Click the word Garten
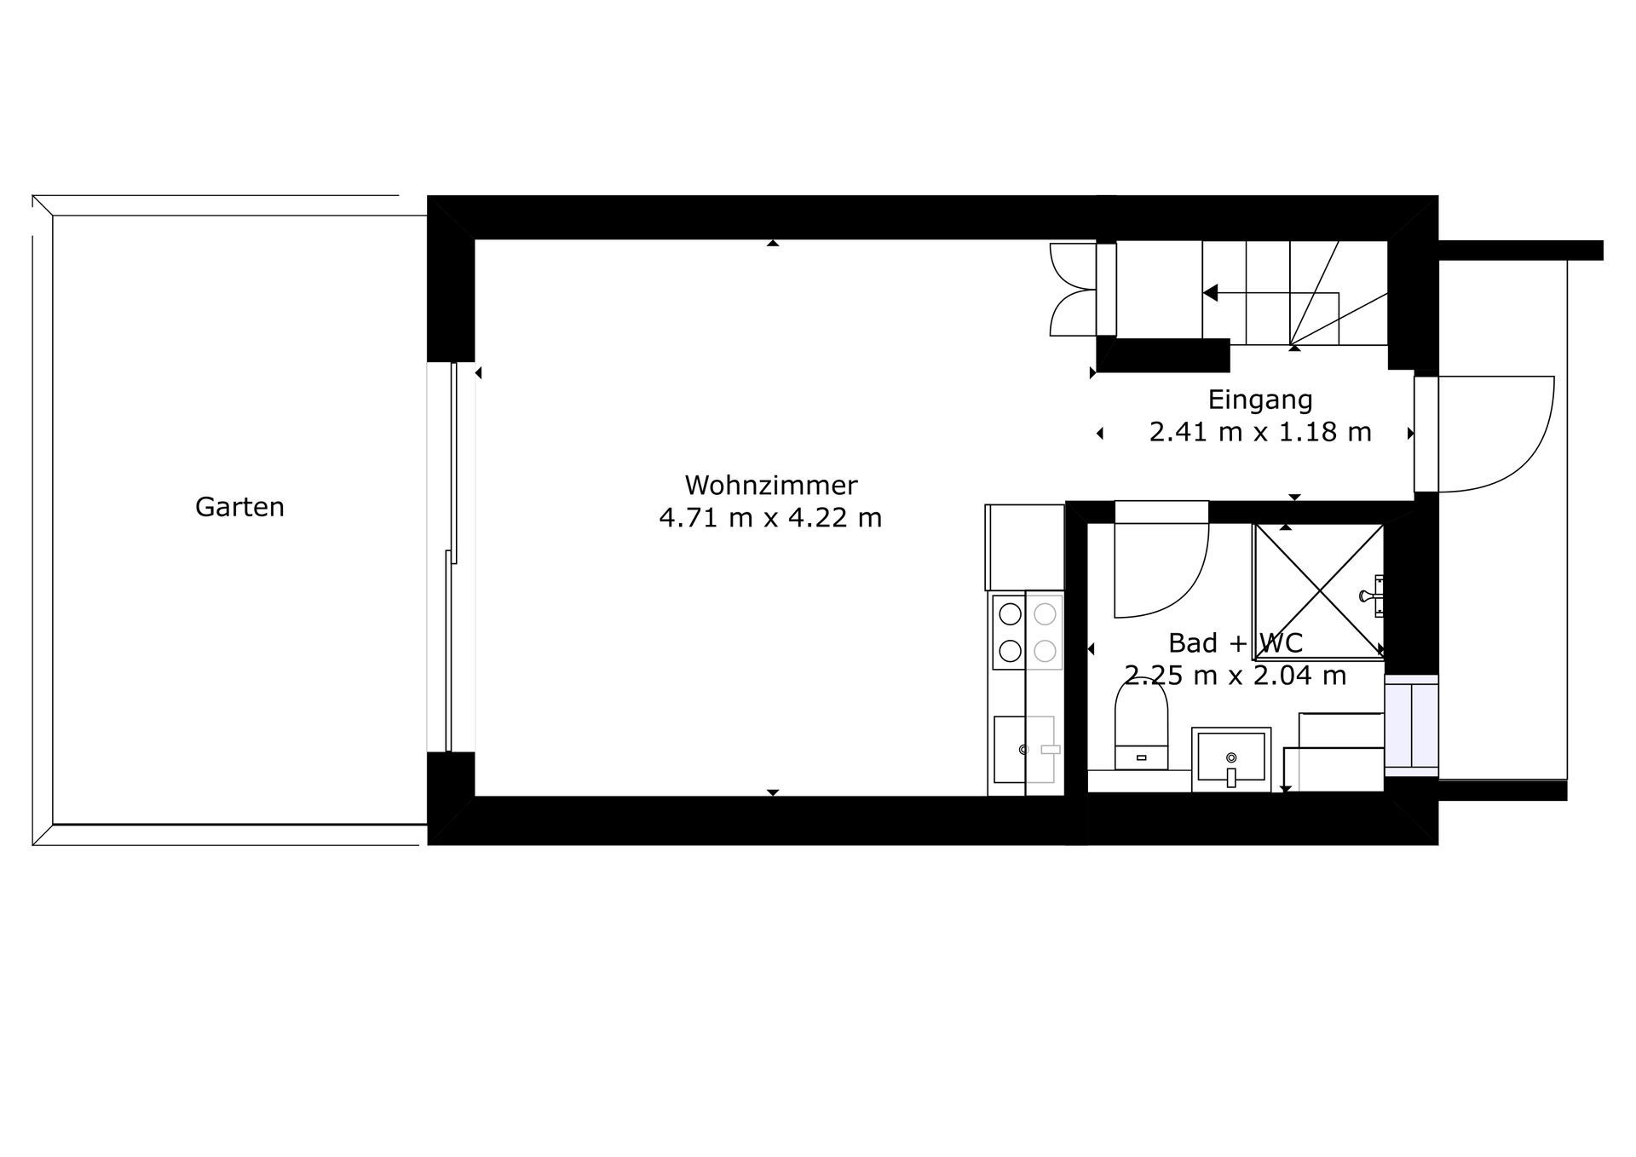[x=239, y=507]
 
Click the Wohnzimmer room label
[x=771, y=485]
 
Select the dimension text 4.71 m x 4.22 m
[x=770, y=517]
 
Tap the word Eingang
[x=1260, y=400]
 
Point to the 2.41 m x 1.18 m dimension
[x=1260, y=432]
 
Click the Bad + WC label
[x=1235, y=642]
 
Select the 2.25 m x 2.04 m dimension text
[x=1235, y=676]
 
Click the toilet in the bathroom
[x=1142, y=724]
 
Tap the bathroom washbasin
[x=1231, y=758]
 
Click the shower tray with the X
[x=1318, y=591]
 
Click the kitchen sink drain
[x=1023, y=750]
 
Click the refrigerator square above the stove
[x=1025, y=547]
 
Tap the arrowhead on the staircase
[x=1210, y=293]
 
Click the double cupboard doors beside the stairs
[x=1072, y=290]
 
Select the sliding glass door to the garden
[x=452, y=558]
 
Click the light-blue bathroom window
[x=1411, y=725]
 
